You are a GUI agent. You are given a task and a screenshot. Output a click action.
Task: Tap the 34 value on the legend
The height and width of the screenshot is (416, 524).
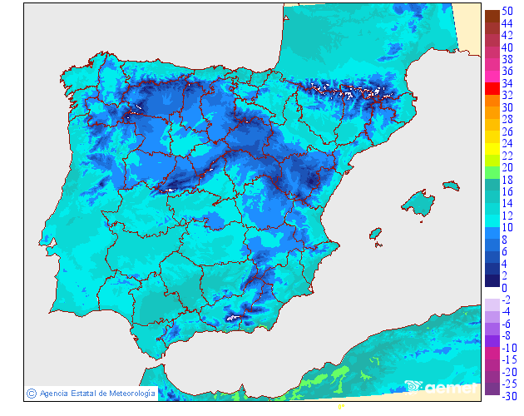[507, 83]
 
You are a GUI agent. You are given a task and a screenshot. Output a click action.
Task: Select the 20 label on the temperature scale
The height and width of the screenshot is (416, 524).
[507, 167]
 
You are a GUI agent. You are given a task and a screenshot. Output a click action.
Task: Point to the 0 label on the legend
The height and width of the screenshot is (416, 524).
[504, 288]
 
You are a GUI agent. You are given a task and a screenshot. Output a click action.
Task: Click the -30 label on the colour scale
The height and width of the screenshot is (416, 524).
[507, 397]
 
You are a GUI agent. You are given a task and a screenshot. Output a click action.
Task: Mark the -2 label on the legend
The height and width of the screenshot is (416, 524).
[507, 300]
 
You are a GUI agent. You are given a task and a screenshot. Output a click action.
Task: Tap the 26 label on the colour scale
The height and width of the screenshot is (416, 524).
[507, 131]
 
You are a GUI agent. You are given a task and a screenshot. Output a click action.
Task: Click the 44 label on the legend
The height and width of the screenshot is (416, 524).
[507, 23]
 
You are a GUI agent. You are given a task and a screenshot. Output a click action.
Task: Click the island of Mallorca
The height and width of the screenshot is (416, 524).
[418, 202]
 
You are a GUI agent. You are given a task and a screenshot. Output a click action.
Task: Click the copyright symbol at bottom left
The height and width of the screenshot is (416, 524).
[31, 393]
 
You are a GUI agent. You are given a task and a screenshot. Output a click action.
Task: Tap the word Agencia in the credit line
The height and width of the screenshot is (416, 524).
[55, 393]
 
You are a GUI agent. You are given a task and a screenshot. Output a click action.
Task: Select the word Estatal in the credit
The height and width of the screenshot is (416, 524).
[86, 393]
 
